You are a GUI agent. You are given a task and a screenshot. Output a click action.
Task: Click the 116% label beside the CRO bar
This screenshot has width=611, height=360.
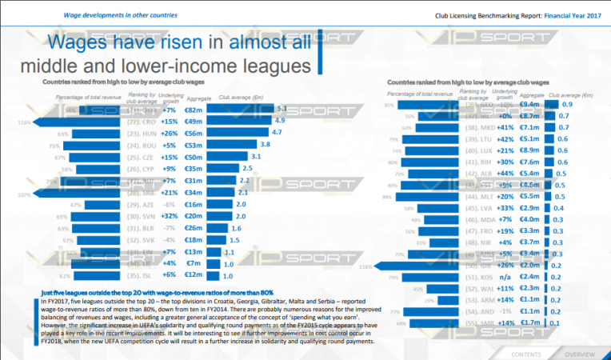coord(24,122)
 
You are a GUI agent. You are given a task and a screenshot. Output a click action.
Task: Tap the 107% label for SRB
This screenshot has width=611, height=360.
coord(24,194)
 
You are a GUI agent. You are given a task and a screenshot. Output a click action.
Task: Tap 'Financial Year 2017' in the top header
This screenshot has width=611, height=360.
coord(568,14)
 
